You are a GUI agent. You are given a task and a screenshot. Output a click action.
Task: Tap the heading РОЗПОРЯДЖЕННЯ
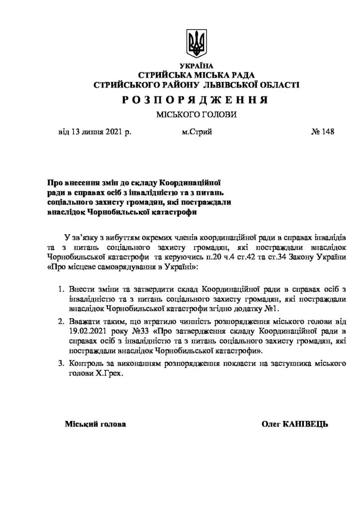click(196, 100)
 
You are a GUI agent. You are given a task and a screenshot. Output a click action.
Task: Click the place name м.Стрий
click(197, 132)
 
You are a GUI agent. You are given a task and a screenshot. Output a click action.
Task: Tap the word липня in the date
click(90, 132)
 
